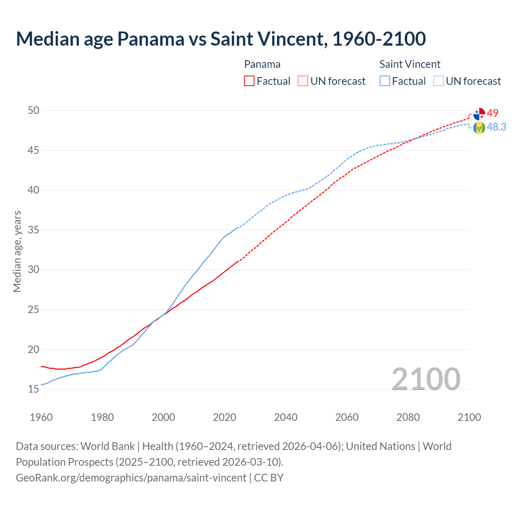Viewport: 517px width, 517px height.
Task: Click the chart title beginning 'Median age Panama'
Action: point(221,39)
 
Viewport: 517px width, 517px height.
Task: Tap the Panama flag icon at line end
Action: point(479,114)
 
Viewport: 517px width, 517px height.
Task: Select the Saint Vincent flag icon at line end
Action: point(479,128)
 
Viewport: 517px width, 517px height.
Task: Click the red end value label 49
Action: point(493,113)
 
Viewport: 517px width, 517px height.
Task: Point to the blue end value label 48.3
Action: point(496,127)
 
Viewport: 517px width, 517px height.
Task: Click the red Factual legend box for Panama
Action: point(249,81)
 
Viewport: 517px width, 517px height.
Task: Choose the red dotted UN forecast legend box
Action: point(303,81)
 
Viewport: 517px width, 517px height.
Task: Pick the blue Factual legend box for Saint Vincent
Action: point(385,81)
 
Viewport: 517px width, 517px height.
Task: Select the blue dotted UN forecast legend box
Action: point(439,81)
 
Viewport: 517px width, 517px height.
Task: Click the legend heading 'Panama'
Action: point(262,64)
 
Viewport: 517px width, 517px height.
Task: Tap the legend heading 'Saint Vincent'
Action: point(410,64)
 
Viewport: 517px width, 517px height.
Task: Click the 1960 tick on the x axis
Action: point(41,417)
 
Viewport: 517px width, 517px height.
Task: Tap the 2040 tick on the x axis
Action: point(286,417)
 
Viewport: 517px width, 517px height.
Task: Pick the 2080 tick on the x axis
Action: point(408,417)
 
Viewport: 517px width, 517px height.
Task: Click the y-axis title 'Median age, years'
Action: point(17,251)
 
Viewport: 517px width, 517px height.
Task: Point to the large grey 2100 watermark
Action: point(426,379)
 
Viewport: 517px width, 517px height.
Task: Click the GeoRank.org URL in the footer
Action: point(131,478)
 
